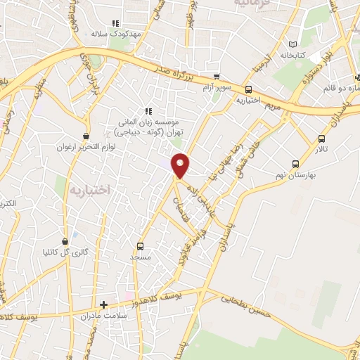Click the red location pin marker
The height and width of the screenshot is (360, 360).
click(x=181, y=165)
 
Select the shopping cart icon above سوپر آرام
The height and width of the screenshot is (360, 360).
click(x=217, y=77)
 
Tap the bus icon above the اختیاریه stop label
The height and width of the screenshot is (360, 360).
click(x=248, y=89)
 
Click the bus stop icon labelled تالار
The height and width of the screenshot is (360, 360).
click(x=322, y=139)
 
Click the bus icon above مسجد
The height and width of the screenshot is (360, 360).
click(x=141, y=246)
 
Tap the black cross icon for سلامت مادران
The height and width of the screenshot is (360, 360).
click(x=104, y=304)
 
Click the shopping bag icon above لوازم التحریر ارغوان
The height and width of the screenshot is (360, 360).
click(x=86, y=136)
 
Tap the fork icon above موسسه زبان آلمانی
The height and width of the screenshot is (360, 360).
click(x=148, y=111)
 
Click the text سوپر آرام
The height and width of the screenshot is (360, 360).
click(x=215, y=87)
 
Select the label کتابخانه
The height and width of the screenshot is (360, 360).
click(x=295, y=55)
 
